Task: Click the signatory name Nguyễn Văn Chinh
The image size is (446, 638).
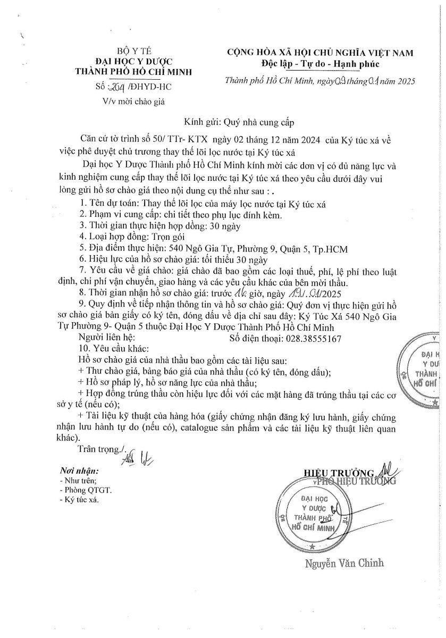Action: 344,563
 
